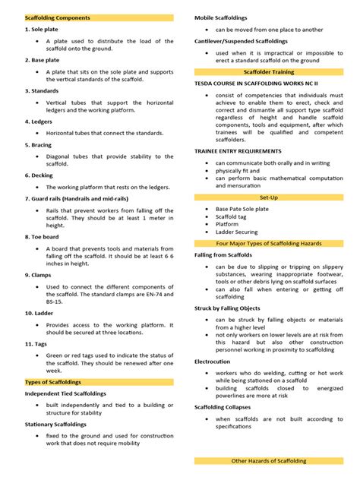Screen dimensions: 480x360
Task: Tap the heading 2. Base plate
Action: coord(43,59)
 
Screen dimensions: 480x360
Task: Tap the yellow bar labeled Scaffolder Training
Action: coord(269,71)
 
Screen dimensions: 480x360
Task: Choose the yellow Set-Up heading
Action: coord(269,197)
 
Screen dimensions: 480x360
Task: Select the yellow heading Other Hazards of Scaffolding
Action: coord(269,461)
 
